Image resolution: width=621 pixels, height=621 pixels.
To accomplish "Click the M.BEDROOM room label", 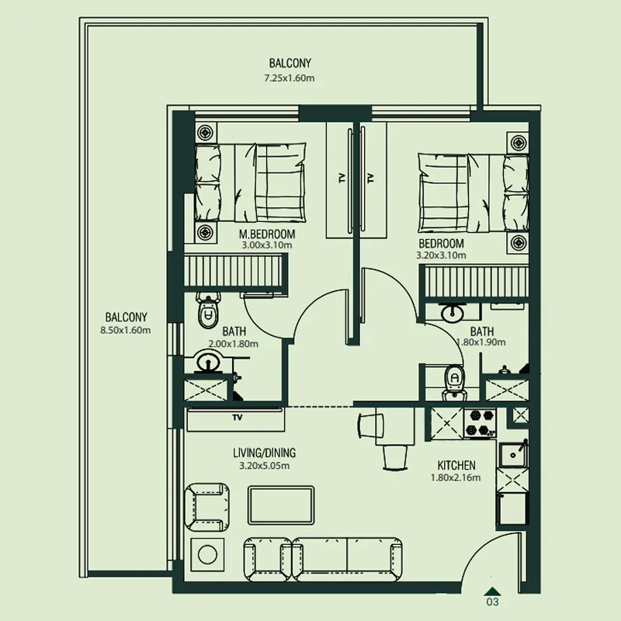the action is pyautogui.click(x=267, y=234).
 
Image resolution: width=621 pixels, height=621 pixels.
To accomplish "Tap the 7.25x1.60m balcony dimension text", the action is pyautogui.click(x=290, y=78).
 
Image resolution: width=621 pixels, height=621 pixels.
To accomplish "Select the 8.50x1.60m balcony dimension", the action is pyautogui.click(x=126, y=331).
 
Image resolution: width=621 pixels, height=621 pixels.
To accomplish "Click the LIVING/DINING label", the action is pyautogui.click(x=264, y=453).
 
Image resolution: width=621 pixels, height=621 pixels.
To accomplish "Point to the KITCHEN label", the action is pyautogui.click(x=456, y=465).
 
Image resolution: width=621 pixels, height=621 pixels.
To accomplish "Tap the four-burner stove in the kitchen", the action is pyautogui.click(x=480, y=423).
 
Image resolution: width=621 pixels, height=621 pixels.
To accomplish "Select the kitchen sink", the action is pyautogui.click(x=512, y=455).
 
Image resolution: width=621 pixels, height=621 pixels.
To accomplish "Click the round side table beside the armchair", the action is pyautogui.click(x=207, y=554).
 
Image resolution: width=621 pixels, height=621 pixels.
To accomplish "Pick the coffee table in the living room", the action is pyautogui.click(x=281, y=505).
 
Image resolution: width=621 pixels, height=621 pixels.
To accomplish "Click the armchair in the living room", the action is pyautogui.click(x=206, y=507).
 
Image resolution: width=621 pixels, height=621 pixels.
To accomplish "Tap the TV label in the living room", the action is pyautogui.click(x=238, y=418).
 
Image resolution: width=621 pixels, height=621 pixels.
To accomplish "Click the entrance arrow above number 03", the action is pyautogui.click(x=492, y=591).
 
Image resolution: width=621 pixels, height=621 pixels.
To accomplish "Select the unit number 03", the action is pyautogui.click(x=492, y=602).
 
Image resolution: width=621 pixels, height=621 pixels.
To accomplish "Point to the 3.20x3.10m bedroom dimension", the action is pyautogui.click(x=441, y=255).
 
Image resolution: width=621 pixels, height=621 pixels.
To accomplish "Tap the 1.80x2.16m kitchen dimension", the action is pyautogui.click(x=456, y=477).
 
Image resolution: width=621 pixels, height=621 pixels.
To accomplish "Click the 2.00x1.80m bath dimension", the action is pyautogui.click(x=234, y=344).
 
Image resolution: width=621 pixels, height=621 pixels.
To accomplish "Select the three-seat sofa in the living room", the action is pyautogui.click(x=322, y=559).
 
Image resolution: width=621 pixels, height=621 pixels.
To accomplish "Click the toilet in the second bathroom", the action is pyautogui.click(x=454, y=382).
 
